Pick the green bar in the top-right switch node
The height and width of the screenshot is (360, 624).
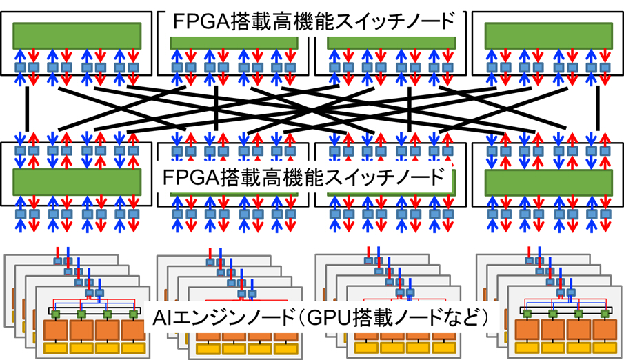click(547, 35)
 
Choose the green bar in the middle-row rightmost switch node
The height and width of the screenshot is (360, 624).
click(547, 181)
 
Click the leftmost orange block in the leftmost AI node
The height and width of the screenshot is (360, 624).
click(56, 330)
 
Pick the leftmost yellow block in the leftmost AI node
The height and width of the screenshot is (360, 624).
click(56, 348)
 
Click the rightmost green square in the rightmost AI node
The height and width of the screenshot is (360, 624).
click(604, 314)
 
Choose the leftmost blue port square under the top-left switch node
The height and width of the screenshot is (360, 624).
click(20, 68)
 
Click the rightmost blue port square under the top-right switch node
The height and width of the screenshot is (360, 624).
click(605, 68)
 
